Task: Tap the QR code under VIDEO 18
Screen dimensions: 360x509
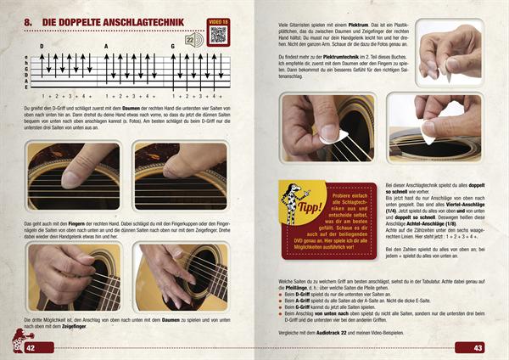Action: (217, 35)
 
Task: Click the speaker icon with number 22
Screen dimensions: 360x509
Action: (194, 40)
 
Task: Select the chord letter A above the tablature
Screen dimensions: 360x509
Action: (106, 47)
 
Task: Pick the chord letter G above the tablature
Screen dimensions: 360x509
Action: (172, 47)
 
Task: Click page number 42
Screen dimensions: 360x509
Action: (31, 348)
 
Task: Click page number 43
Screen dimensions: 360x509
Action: (478, 348)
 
